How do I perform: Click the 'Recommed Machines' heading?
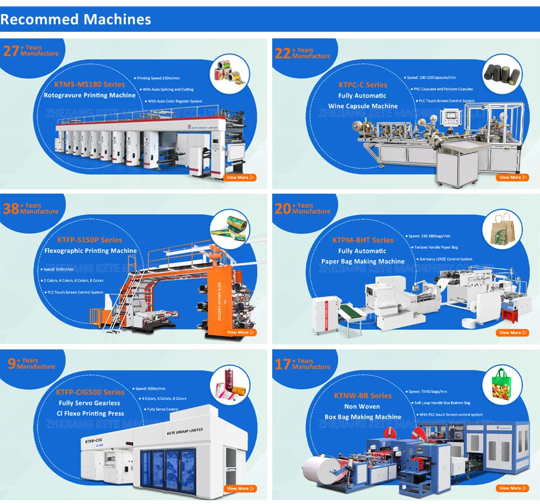76,20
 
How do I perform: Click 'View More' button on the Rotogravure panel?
240,177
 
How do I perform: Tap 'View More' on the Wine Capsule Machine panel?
513,177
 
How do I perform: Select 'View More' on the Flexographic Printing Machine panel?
240,333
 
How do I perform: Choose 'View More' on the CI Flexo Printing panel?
240,488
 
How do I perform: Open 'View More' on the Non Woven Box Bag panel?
513,488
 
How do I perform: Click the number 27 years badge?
11,51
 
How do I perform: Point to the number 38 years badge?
11,208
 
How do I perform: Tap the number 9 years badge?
11,364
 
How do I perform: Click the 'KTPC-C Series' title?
363,85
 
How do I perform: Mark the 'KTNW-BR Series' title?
363,396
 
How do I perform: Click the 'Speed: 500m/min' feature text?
151,389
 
